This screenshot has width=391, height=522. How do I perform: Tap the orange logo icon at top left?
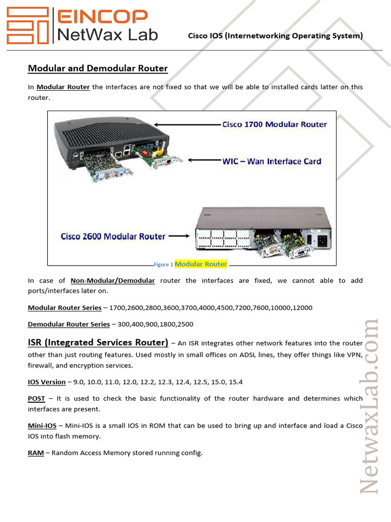click(28, 25)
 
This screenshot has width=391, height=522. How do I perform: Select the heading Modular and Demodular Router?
click(97, 68)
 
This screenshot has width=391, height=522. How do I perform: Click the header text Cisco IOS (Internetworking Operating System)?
click(275, 36)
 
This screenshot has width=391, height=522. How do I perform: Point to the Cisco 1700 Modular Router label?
click(274, 124)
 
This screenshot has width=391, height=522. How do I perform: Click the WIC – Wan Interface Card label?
click(271, 161)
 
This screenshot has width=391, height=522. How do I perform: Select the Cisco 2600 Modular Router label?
click(113, 237)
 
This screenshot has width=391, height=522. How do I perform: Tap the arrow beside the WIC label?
click(204, 161)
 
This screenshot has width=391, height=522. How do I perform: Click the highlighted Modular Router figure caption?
click(201, 264)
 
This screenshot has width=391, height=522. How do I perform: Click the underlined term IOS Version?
click(46, 382)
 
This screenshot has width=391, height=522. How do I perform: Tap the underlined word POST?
click(36, 399)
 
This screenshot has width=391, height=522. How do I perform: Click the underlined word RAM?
click(36, 453)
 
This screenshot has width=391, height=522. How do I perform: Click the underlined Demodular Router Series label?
click(69, 324)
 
